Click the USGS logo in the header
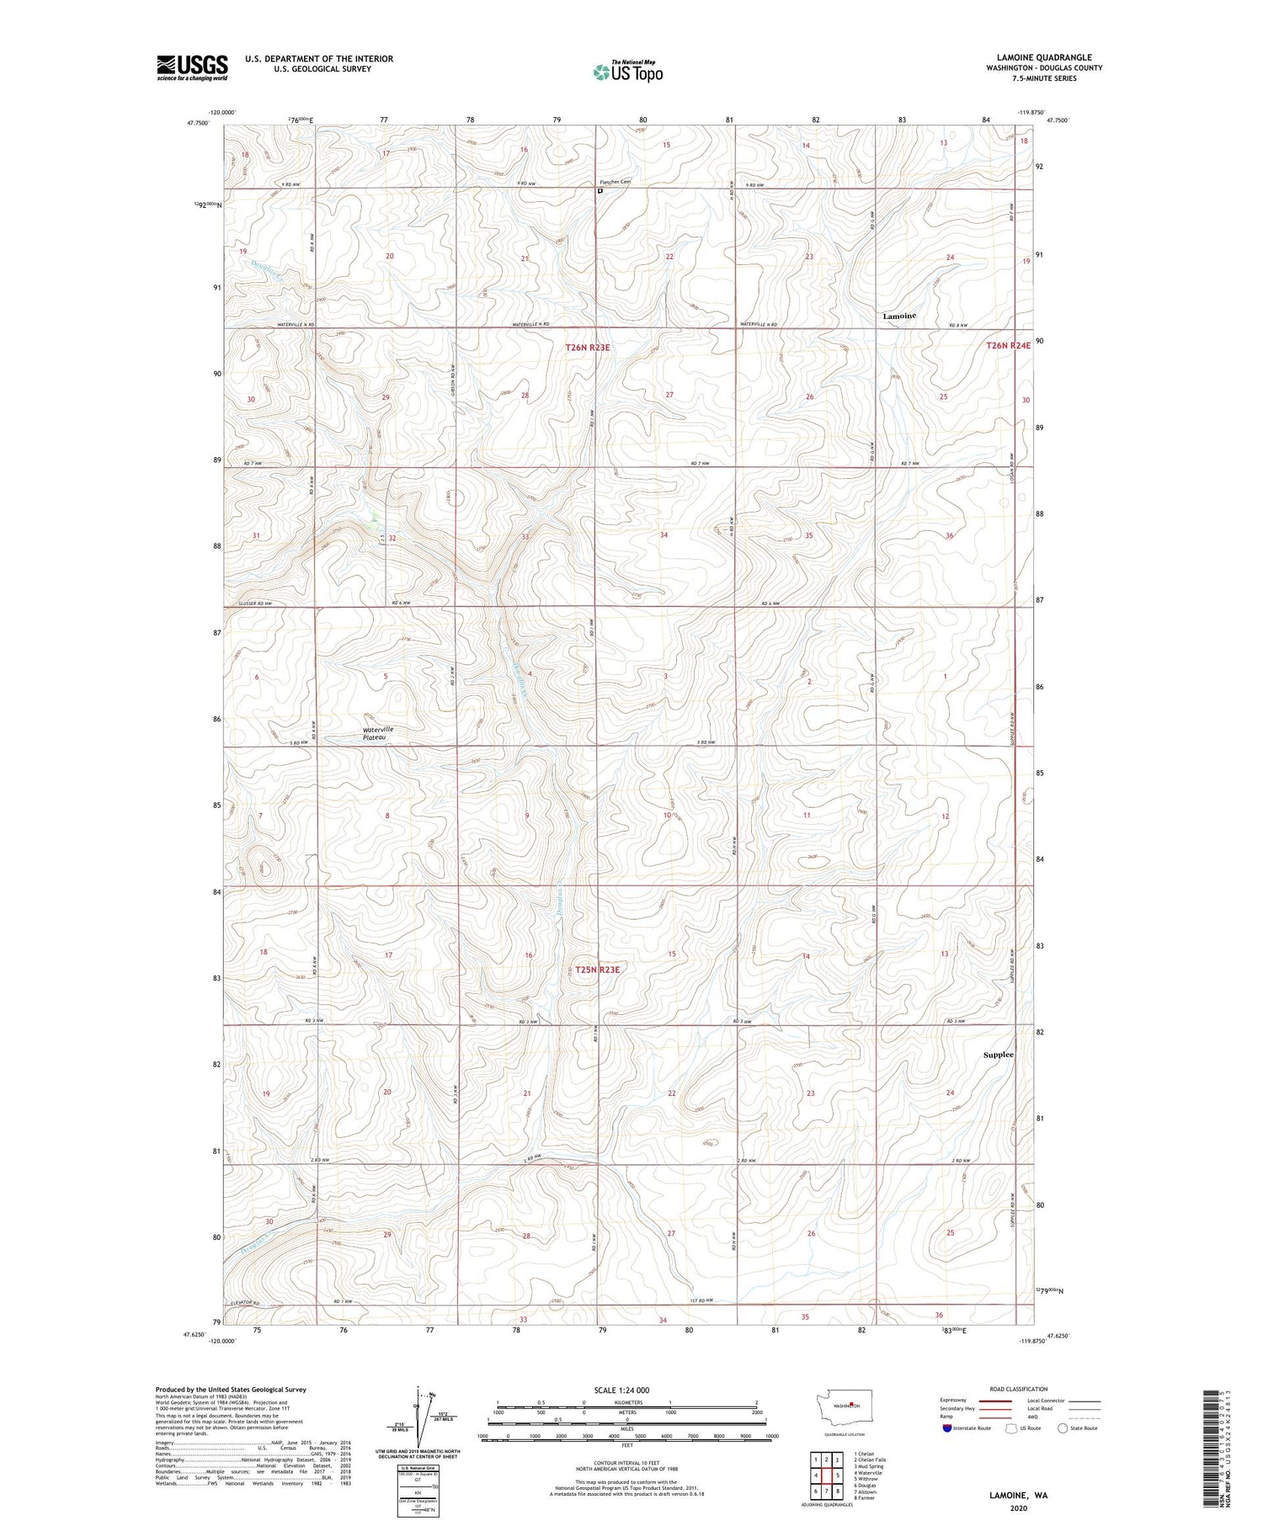pos(192,67)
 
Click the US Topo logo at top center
pos(627,72)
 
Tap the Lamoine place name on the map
pos(898,316)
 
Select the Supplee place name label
pos(999,1055)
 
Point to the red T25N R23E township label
pos(597,970)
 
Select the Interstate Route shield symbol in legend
pos(946,1428)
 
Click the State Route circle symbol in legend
pos(1063,1428)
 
